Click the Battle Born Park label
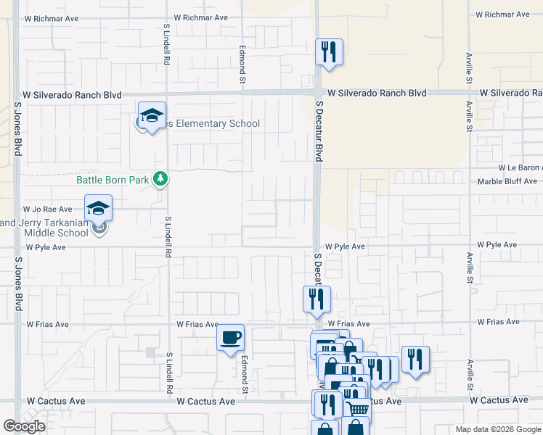pyautogui.click(x=113, y=179)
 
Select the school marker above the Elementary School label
pyautogui.click(x=152, y=115)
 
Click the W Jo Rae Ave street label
pyautogui.click(x=49, y=209)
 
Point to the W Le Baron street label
pyautogui.click(x=518, y=167)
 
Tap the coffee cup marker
pyautogui.click(x=231, y=338)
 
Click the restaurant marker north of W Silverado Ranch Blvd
pyautogui.click(x=329, y=51)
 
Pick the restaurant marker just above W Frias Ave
pyautogui.click(x=317, y=299)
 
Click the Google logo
pyautogui.click(x=24, y=426)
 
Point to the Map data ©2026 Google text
pyautogui.click(x=498, y=429)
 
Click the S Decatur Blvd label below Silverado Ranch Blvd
pyautogui.click(x=318, y=130)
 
